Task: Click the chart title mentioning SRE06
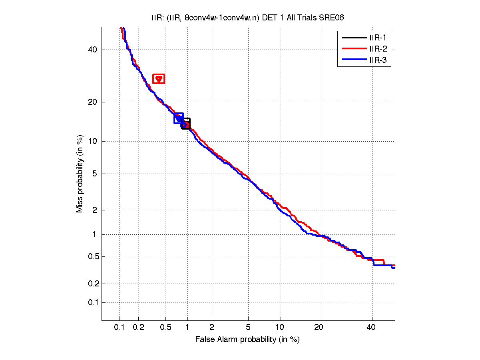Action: pos(248,18)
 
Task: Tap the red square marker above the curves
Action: pos(159,79)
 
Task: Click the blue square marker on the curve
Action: pos(179,118)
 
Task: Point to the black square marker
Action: pos(186,124)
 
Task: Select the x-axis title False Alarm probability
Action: pos(247,340)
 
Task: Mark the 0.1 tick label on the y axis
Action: pos(92,302)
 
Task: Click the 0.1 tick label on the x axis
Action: pos(120,327)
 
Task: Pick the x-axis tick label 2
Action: pos(212,327)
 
